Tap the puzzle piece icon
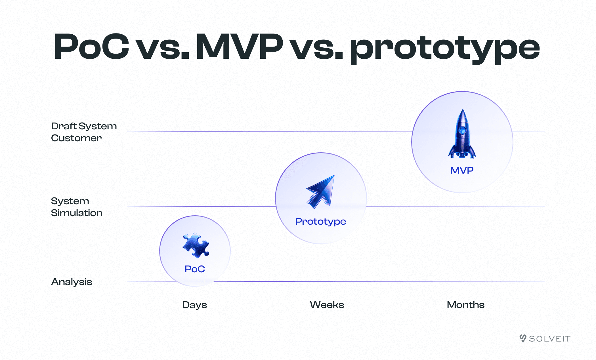point(196,245)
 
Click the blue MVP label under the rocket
point(462,170)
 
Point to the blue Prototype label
point(321,222)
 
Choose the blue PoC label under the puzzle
point(195,269)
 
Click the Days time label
point(194,305)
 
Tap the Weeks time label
point(327,305)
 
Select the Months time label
point(466,305)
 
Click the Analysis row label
point(72,282)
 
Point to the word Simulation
point(77,213)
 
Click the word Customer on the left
point(76,138)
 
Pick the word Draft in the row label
point(64,126)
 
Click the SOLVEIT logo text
point(550,339)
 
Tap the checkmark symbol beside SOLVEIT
point(523,338)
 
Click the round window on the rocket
point(462,130)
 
